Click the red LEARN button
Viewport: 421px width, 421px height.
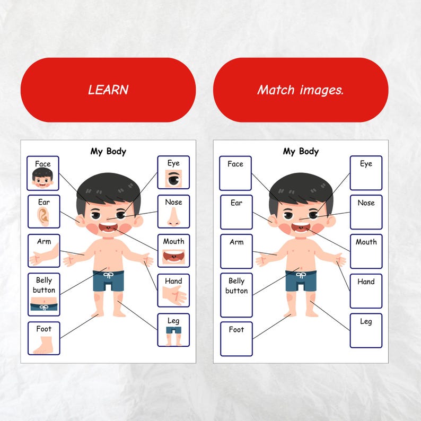point(108,90)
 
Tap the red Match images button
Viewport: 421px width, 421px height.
point(301,90)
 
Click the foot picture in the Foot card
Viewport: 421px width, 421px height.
point(43,345)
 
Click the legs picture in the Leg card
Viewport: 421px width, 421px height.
point(173,336)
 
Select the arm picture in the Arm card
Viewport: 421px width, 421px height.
point(42,257)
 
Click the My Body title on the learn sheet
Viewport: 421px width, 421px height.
point(108,151)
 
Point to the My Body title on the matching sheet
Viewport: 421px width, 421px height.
point(301,151)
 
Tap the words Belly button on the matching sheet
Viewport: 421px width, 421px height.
point(236,286)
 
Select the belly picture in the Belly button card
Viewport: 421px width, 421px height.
point(43,305)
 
